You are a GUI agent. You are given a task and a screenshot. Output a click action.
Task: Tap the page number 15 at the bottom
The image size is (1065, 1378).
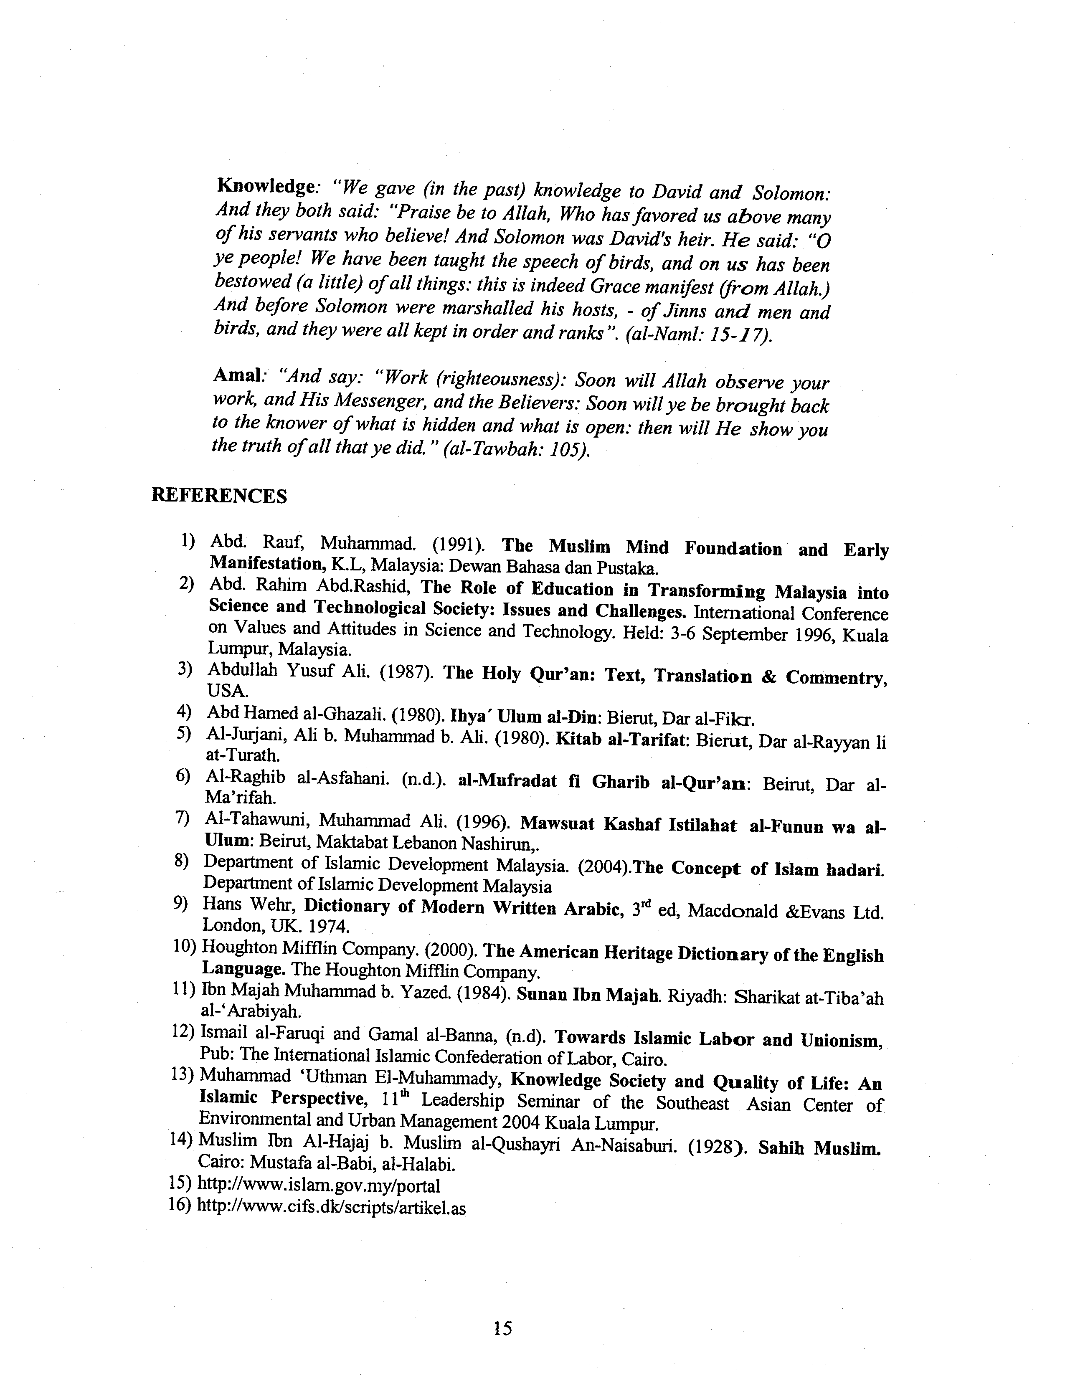503,1328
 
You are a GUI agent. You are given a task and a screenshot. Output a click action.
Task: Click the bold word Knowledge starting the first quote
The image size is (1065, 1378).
265,186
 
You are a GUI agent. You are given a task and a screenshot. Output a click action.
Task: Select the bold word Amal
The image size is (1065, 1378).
237,375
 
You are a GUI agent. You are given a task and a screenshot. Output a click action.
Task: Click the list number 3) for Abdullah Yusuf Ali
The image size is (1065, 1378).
184,669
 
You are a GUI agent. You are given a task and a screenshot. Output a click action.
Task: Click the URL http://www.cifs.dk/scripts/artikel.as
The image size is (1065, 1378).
331,1207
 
